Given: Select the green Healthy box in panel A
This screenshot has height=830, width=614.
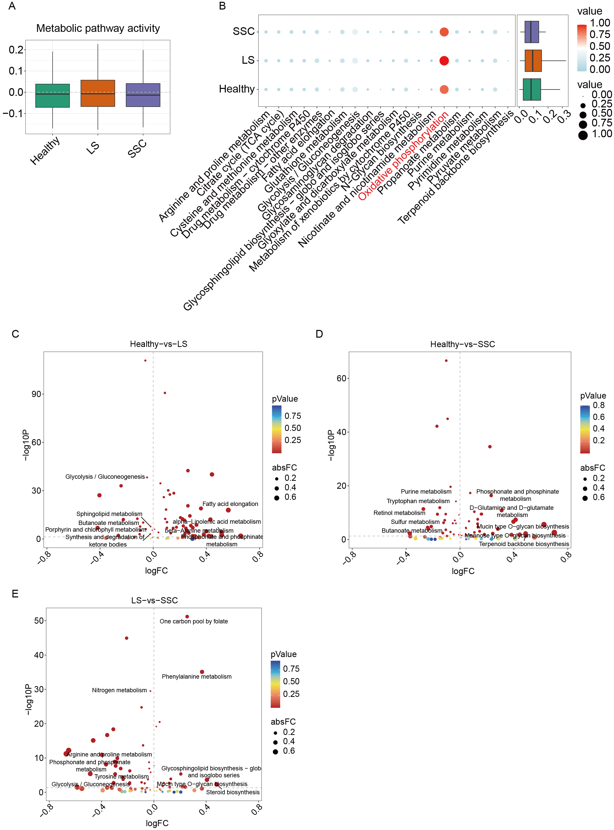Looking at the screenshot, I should pyautogui.click(x=52, y=96).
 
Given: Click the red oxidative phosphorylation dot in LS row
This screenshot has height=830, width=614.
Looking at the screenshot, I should pyautogui.click(x=444, y=61).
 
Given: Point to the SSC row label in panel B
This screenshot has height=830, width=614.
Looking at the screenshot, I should pyautogui.click(x=244, y=32).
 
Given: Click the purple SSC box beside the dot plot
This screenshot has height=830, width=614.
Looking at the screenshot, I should pyautogui.click(x=532, y=32).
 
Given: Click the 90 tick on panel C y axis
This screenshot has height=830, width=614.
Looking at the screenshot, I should pyautogui.click(x=36, y=394).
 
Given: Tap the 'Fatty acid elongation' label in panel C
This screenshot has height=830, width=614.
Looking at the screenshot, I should pyautogui.click(x=230, y=504).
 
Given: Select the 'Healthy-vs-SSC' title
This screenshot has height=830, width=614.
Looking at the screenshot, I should pyautogui.click(x=462, y=344).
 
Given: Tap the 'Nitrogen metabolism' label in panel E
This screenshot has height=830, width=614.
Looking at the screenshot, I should pyautogui.click(x=119, y=690).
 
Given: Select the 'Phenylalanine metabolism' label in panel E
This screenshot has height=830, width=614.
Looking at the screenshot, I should pyautogui.click(x=197, y=677).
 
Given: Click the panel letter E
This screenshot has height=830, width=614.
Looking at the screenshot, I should pyautogui.click(x=15, y=594).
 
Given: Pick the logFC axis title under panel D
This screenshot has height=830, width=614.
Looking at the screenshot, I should pyautogui.click(x=463, y=571).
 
